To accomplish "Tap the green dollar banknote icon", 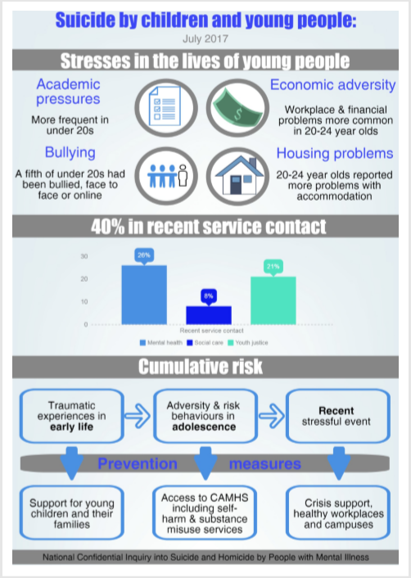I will (x=237, y=109).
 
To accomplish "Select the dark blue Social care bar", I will (x=209, y=315).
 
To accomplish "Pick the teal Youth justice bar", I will (x=273, y=300).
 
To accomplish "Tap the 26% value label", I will (x=144, y=255).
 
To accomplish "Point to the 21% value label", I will (x=273, y=266).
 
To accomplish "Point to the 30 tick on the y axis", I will (x=85, y=256).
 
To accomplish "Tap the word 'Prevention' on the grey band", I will (x=137, y=464).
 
